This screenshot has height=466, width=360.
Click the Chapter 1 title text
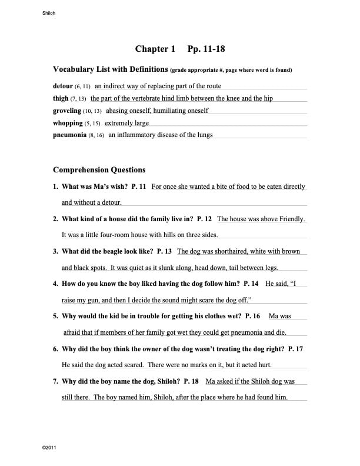[155, 49]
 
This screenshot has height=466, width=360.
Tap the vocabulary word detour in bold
[63, 86]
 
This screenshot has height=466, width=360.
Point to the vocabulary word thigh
[61, 98]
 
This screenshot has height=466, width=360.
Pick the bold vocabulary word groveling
[67, 111]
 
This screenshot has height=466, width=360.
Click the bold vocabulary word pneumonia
[70, 135]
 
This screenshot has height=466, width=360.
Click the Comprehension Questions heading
[99, 170]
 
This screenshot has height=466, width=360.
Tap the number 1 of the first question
[55, 187]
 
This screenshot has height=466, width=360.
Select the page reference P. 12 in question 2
[204, 219]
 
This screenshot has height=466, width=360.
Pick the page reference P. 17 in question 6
[295, 349]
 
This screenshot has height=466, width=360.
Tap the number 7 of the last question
[55, 381]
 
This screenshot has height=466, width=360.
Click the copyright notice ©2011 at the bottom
[49, 448]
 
